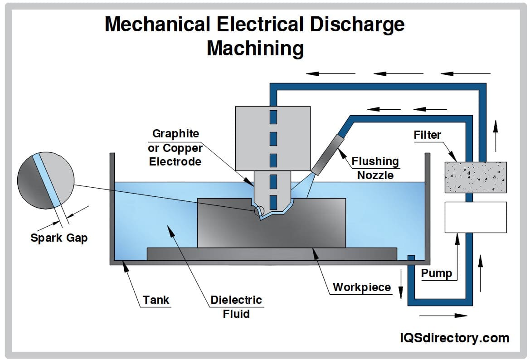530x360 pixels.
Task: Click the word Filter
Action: click(427, 135)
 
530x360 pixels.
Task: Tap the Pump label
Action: click(436, 273)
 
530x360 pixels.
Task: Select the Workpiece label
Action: click(361, 287)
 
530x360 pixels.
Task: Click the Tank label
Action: click(156, 300)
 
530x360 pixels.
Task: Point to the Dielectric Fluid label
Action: click(236, 306)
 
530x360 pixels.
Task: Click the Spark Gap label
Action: click(59, 238)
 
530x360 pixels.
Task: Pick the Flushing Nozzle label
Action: click(375, 168)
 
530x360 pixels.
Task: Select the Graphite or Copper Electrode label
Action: click(175, 147)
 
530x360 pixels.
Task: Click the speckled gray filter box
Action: click(476, 177)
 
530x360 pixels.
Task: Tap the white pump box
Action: click(476, 217)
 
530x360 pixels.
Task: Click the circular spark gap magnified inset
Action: click(45, 175)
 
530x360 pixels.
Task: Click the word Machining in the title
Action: click(255, 48)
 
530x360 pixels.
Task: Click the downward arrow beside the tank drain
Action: click(401, 284)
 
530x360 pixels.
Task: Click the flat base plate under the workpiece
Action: click(272, 254)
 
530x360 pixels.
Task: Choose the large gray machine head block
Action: click(273, 138)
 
